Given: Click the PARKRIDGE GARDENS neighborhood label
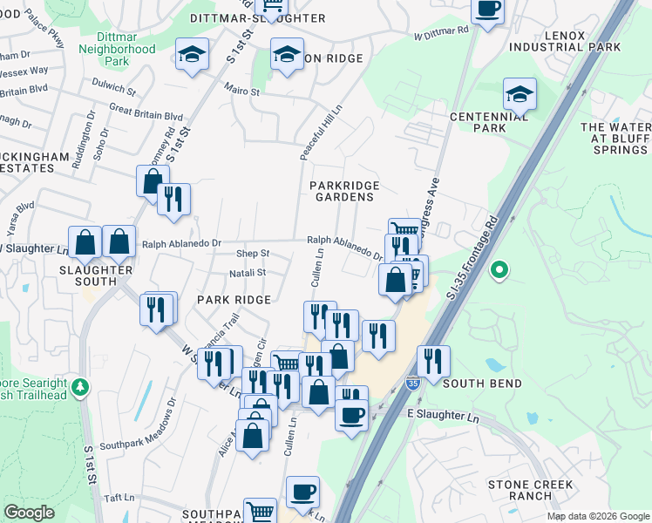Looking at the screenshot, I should pos(342,191).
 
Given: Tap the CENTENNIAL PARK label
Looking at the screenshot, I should pos(478,122).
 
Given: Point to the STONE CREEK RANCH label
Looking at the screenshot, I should pos(530,490).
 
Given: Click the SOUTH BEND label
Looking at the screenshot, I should pos(482,384).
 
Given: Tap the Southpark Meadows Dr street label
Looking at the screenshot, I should pos(138,431).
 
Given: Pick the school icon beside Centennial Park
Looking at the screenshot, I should pos(520,94).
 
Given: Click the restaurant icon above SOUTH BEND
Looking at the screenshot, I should pos(433,359).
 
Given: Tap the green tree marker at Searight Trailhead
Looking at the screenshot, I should pos(80,385).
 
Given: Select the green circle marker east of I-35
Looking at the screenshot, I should pos(499,271).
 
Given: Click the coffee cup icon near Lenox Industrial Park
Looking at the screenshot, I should pos(487,10).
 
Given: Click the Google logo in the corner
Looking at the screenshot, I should pos(29,513).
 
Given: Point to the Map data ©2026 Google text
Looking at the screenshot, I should pos(597,516).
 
